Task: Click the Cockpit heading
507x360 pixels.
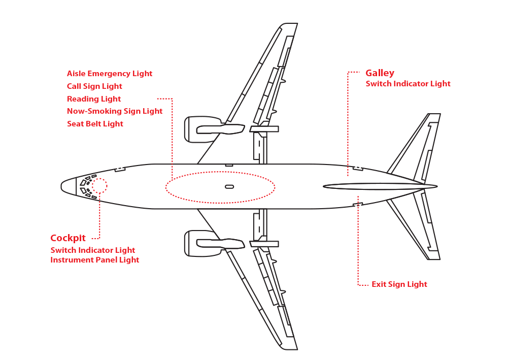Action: [68, 238]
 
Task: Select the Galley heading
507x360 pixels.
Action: [380, 73]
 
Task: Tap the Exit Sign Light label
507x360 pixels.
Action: [399, 284]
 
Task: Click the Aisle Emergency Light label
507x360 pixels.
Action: [110, 74]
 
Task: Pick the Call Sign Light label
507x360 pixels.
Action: [94, 86]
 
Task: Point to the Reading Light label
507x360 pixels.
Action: [94, 99]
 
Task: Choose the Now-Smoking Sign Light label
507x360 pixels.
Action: [115, 111]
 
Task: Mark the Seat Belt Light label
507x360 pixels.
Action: [95, 124]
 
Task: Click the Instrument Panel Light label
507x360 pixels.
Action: [94, 260]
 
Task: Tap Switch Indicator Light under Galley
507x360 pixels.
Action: [408, 84]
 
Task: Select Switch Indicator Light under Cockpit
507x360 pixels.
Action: [93, 250]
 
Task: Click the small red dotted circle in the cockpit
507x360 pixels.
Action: [99, 186]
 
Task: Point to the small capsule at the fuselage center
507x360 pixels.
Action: [229, 186]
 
